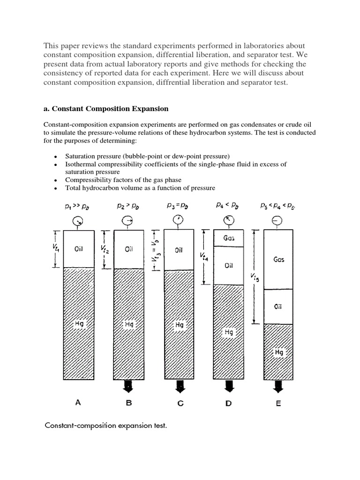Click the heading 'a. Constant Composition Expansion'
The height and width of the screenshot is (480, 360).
(105, 109)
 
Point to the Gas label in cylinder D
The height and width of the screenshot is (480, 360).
(229, 238)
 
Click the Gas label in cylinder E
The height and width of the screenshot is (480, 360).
(278, 259)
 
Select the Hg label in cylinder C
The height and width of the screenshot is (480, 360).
(179, 324)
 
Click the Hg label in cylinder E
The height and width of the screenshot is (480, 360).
(278, 352)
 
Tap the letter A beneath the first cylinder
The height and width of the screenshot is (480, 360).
(78, 403)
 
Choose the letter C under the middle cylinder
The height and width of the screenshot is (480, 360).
(179, 403)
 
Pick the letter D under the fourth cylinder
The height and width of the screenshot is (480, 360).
(229, 403)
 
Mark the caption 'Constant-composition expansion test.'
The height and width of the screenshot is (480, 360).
(105, 426)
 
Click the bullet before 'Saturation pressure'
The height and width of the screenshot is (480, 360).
(56, 156)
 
